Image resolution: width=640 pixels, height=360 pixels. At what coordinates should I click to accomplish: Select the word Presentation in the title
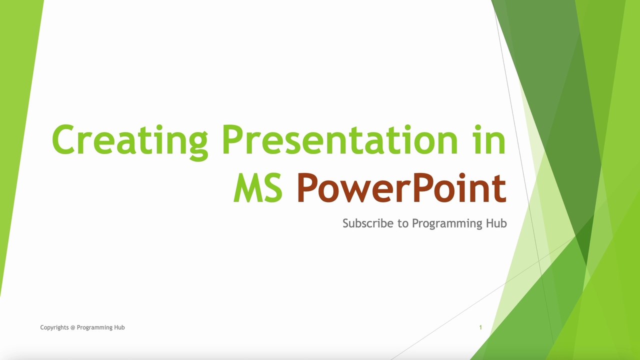point(340,140)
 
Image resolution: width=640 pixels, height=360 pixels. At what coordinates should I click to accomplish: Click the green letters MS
point(258,188)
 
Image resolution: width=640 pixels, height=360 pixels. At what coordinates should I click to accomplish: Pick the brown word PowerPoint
point(401,188)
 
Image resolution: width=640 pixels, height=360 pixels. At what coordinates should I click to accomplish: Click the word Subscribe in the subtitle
point(368,223)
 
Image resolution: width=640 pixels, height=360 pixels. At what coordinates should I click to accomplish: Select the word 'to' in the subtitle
point(403,223)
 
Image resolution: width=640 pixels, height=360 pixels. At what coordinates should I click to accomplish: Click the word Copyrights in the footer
point(54,327)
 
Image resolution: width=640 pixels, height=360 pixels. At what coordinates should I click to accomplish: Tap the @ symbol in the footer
point(73,327)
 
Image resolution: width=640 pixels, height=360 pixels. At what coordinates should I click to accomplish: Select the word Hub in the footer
point(119,327)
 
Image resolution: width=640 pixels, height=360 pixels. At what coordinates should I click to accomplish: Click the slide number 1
point(480,327)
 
